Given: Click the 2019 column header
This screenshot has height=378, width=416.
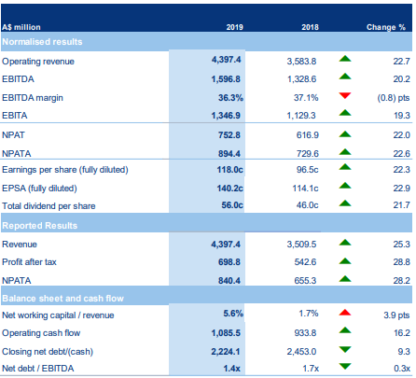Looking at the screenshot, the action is tap(234, 27).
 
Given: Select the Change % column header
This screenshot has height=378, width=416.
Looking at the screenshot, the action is tap(386, 27).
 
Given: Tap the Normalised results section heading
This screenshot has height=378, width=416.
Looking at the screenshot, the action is tap(42, 42).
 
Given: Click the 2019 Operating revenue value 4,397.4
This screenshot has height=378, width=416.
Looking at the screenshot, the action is tap(226, 60).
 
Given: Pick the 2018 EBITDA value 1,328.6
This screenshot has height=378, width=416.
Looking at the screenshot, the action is tap(301, 79).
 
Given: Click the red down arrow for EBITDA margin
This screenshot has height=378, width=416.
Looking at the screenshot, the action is tap(345, 95).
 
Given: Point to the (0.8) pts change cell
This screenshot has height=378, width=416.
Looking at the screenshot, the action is tap(394, 98).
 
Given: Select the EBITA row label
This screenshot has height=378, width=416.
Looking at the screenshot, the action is tap(15, 116).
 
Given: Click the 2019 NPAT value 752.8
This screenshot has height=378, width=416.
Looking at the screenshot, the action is tap(229, 135).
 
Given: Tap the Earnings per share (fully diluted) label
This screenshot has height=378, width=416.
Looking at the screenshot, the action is tap(65, 170).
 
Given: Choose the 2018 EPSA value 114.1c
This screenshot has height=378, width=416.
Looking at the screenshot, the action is tap(305, 189).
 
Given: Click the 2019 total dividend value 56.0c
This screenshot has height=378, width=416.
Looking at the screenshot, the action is tap(232, 205).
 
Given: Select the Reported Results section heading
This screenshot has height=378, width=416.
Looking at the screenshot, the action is tap(40, 226).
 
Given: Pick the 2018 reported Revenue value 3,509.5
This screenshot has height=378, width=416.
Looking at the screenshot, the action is tap(301, 245).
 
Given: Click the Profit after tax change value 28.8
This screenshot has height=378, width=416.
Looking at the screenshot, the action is tap(401, 262).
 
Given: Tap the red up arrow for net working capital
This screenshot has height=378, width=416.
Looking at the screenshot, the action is tap(345, 313).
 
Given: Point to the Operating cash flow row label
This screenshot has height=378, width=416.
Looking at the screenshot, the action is tap(41, 333).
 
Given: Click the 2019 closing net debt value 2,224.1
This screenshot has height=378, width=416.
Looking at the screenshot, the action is tap(226, 352).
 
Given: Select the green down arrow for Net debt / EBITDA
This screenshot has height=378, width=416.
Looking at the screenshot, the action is tap(345, 367).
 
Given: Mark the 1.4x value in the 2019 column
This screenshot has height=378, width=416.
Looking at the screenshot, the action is tap(231, 369).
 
